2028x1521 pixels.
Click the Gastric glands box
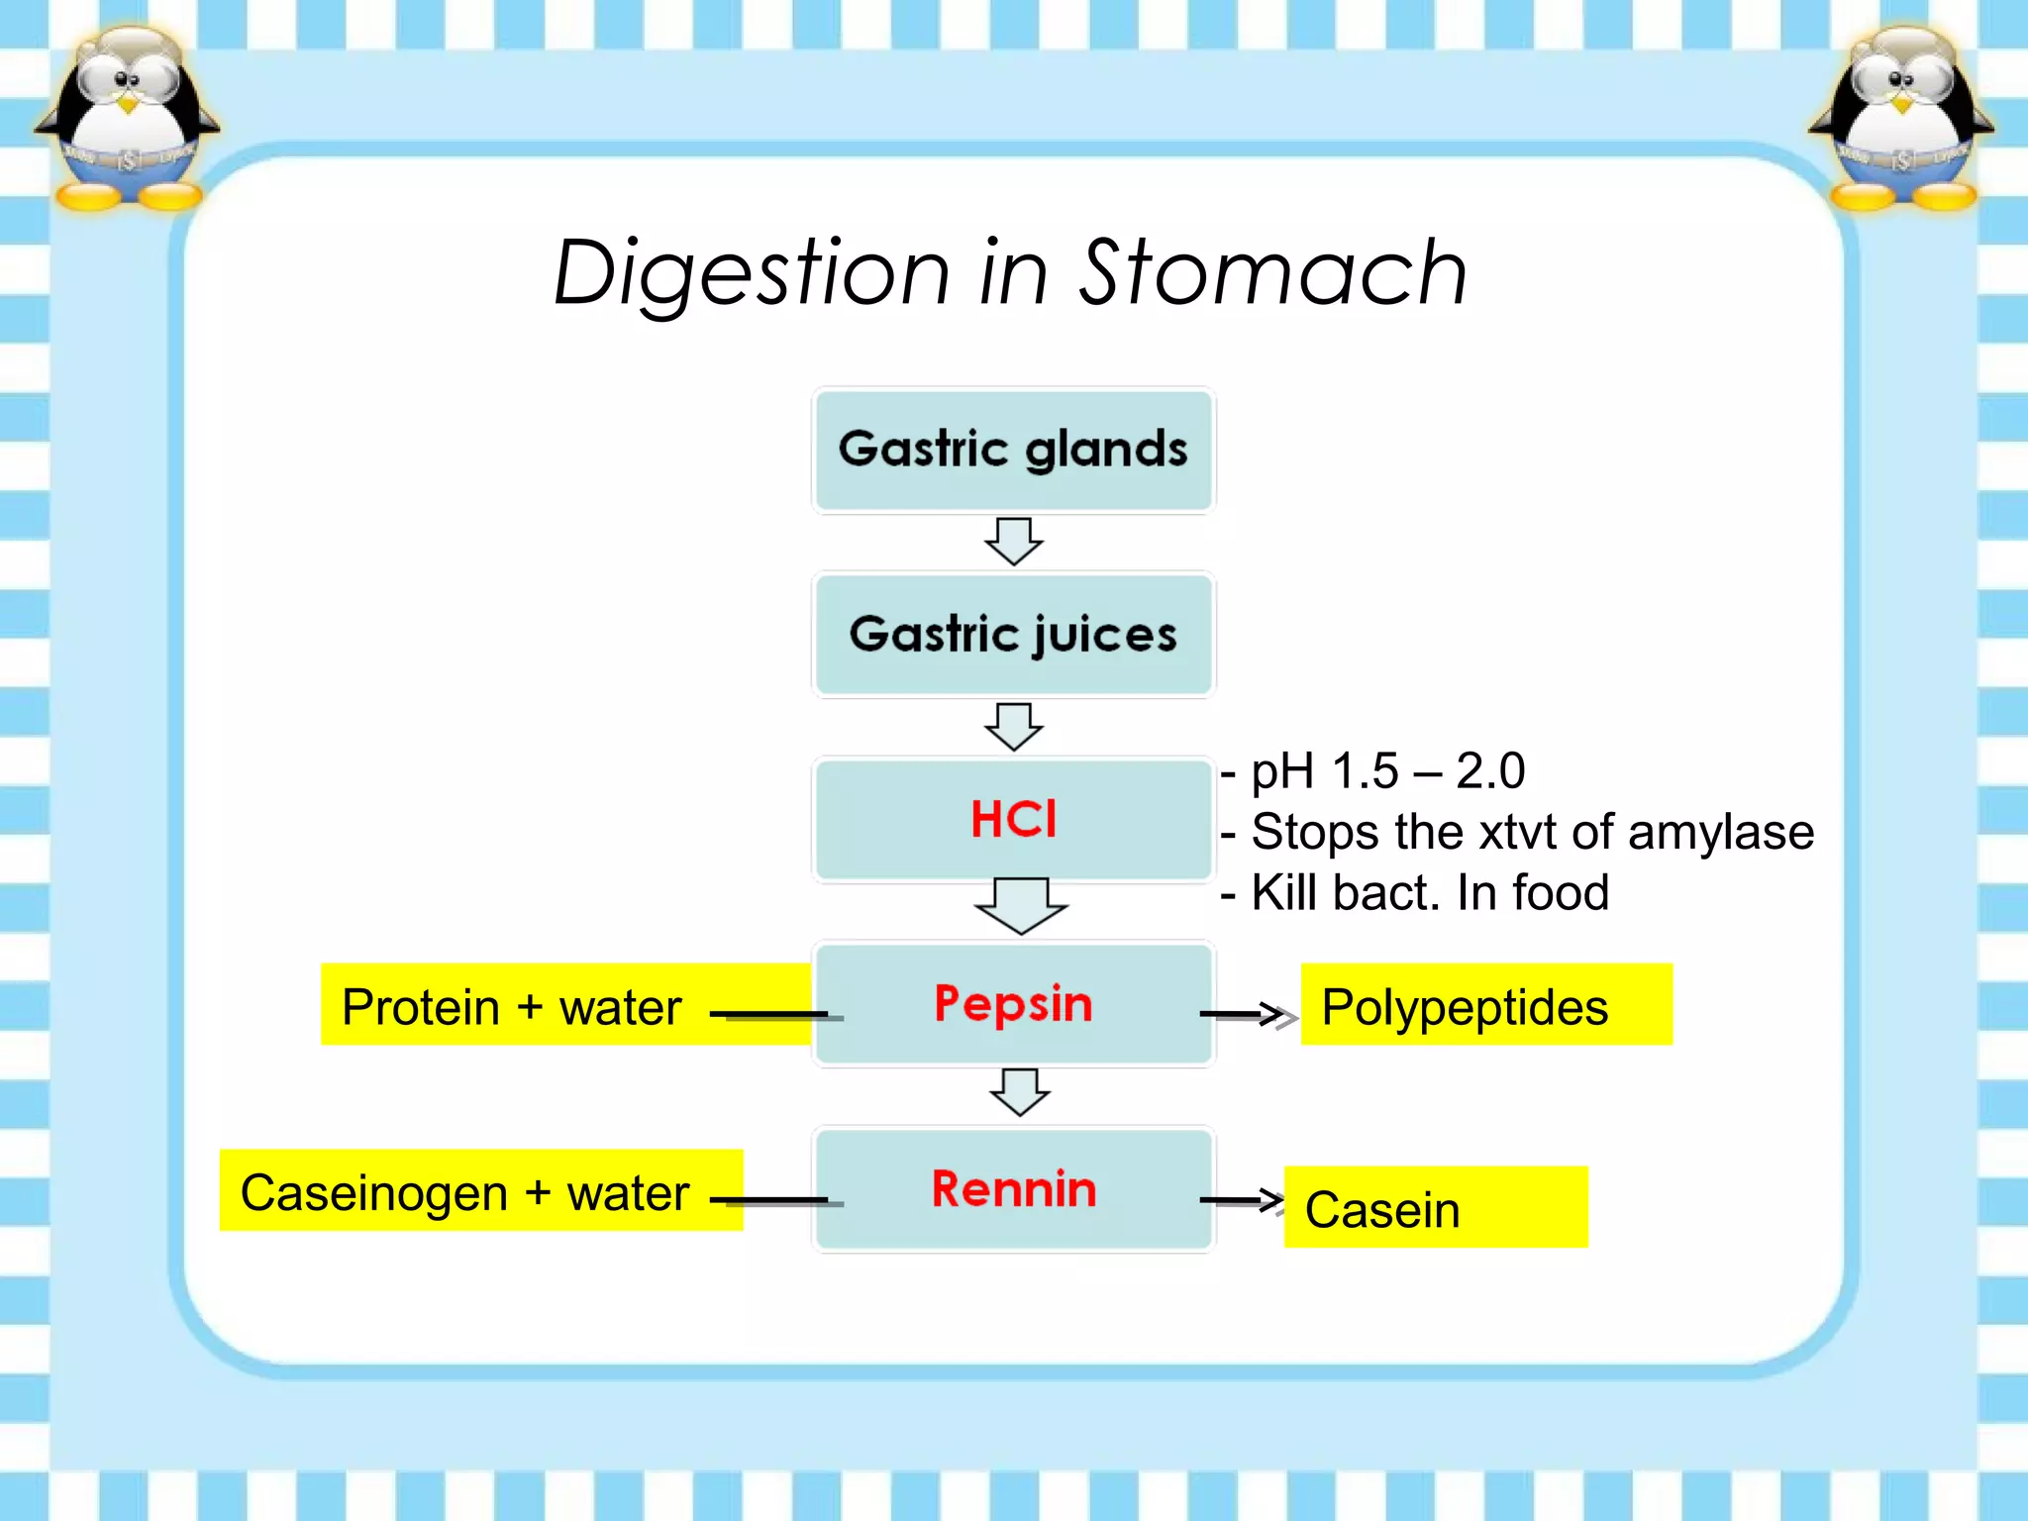1013,451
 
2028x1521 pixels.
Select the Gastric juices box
1013,635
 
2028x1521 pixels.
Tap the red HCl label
1013,820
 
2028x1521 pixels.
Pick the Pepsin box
1013,1004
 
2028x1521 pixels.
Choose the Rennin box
1013,1189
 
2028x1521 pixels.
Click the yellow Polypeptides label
1485,1005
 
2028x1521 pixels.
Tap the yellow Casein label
1435,1207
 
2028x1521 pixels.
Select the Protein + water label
512,1006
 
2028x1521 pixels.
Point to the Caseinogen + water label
465,1191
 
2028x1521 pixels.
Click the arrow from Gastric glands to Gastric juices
1013,541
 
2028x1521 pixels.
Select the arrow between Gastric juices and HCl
1013,726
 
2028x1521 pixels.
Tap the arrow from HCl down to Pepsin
1020,905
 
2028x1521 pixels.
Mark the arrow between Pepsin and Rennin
1019,1092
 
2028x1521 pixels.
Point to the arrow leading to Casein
1242,1200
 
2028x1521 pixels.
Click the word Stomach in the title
1271,272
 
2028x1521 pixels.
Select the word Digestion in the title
752,274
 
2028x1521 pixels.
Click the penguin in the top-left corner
126,119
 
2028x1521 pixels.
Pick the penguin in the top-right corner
1900,119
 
